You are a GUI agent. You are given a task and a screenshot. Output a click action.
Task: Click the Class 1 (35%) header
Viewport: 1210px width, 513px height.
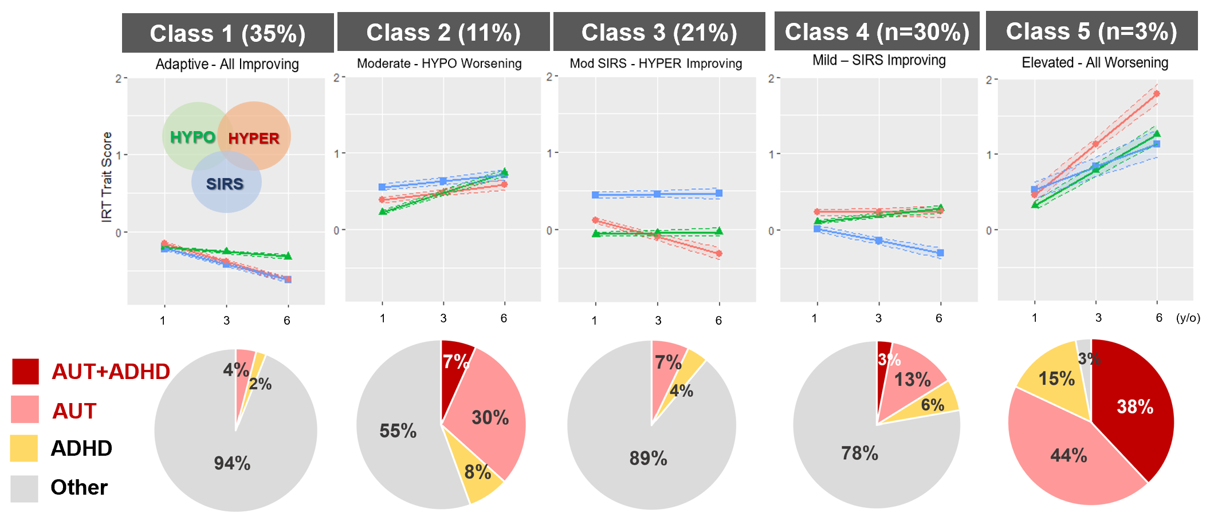[227, 33]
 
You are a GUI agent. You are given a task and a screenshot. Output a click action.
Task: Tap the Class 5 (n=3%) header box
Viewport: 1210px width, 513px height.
[1091, 31]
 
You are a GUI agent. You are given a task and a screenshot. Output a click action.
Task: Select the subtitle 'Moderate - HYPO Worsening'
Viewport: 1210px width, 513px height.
[439, 64]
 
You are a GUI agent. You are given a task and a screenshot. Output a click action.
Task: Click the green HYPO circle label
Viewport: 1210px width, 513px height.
[192, 137]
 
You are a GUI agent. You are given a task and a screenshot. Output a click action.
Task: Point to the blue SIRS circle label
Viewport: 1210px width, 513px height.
[225, 184]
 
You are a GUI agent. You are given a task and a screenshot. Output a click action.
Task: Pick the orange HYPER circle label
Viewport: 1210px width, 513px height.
[254, 139]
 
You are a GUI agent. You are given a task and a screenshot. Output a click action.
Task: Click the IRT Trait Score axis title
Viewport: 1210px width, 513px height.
[107, 177]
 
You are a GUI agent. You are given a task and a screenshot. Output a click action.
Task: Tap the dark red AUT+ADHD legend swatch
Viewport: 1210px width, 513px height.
[25, 371]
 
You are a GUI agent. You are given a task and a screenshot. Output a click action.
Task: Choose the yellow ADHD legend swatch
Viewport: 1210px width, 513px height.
[24, 448]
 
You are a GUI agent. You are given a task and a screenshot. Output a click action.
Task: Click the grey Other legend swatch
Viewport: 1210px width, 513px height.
[24, 488]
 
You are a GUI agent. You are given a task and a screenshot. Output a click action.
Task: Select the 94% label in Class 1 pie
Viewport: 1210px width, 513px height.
[232, 463]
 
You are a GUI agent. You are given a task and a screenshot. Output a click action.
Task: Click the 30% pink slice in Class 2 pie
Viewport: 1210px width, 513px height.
[490, 417]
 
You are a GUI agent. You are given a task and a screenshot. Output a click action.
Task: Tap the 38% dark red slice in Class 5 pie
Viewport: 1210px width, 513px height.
[1134, 407]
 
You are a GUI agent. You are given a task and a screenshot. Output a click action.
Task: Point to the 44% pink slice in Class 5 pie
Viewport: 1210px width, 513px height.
[1068, 456]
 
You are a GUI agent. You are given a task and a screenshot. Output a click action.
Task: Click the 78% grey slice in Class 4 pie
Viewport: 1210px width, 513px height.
[859, 453]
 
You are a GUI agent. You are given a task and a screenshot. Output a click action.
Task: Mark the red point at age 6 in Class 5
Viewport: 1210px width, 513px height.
[1157, 94]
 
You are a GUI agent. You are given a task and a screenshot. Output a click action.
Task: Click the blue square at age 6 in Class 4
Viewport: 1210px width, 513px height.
[940, 252]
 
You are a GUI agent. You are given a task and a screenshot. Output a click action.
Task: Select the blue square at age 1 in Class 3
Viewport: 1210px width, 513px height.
[595, 195]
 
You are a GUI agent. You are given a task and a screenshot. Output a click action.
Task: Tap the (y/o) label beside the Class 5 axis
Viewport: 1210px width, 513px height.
[1188, 318]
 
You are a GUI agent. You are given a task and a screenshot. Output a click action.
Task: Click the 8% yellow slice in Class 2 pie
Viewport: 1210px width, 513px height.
[477, 472]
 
